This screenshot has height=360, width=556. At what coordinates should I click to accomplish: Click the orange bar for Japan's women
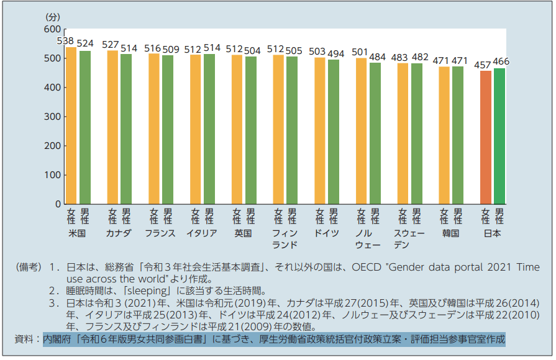pyautogui.click(x=486, y=137)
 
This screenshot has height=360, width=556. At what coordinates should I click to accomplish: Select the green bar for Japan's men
pyautogui.click(x=499, y=136)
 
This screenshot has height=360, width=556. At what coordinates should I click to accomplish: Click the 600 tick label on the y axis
pyautogui.click(x=53, y=30)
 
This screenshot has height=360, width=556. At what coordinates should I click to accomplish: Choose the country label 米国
pyautogui.click(x=78, y=233)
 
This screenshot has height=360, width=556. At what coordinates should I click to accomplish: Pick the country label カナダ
pyautogui.click(x=119, y=233)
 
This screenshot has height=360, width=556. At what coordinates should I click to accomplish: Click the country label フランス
pyautogui.click(x=160, y=233)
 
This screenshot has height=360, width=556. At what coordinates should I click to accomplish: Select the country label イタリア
pyautogui.click(x=202, y=233)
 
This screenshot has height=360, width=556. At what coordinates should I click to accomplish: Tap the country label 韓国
pyautogui.click(x=450, y=233)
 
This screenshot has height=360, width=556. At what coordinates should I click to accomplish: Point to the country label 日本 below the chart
pyautogui.click(x=492, y=233)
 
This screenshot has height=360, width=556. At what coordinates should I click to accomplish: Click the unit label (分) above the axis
pyautogui.click(x=54, y=16)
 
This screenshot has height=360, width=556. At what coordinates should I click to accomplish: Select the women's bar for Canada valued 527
pyautogui.click(x=112, y=127)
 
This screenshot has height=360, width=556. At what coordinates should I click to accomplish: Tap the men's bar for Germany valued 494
pyautogui.click(x=334, y=132)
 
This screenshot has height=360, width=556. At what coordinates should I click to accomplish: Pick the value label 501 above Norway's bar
pyautogui.click(x=360, y=52)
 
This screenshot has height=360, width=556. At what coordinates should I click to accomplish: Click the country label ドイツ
pyautogui.click(x=326, y=233)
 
